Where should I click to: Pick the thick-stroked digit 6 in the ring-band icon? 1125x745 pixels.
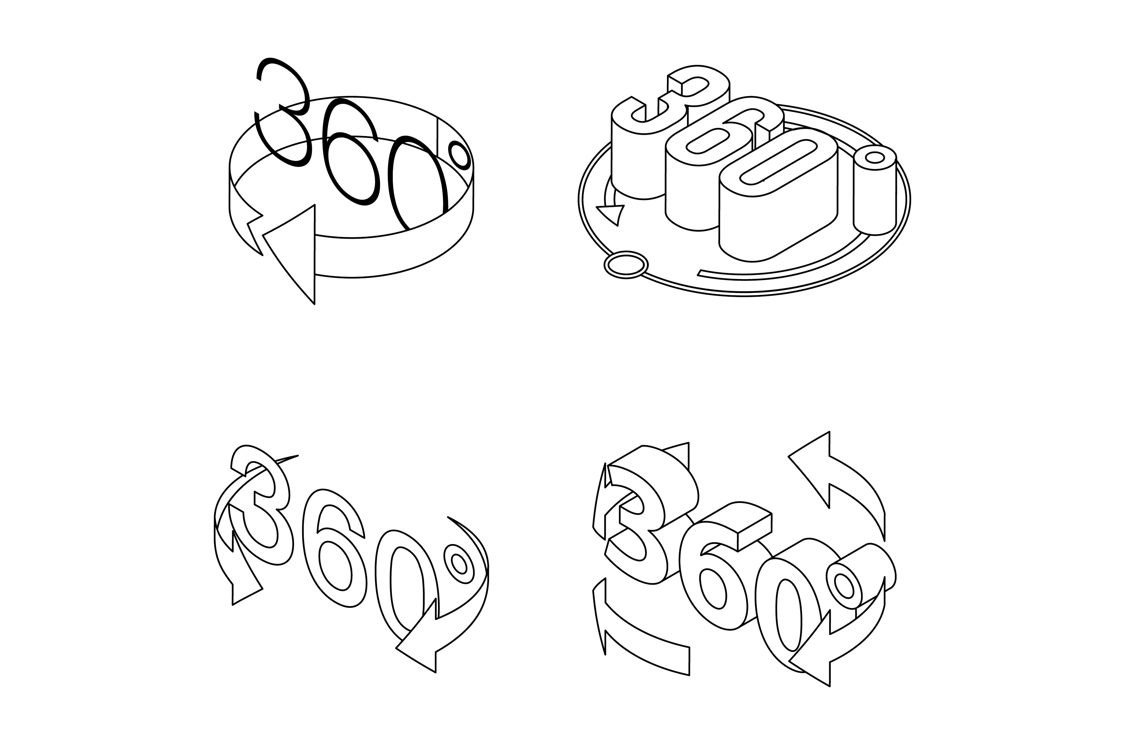pyautogui.click(x=351, y=152)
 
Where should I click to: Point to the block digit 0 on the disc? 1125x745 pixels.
pyautogui.click(x=779, y=195)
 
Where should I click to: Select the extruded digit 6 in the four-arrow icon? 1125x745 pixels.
pyautogui.click(x=712, y=575)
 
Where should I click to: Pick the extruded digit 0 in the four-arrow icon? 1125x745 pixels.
pyautogui.click(x=788, y=613)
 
